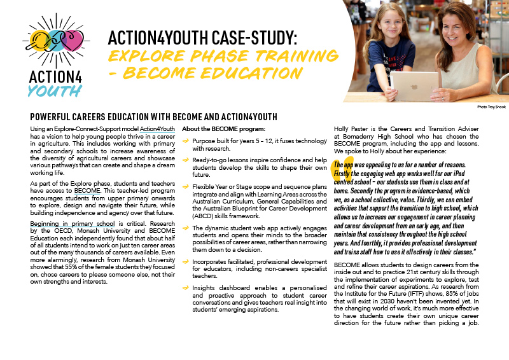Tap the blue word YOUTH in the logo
[x=54, y=90]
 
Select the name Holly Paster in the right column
[x=352, y=129]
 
